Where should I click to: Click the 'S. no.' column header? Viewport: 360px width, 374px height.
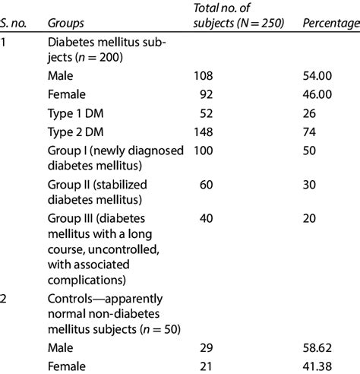16,24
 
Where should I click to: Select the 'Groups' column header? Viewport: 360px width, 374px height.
65,24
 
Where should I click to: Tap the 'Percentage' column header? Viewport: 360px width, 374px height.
330,24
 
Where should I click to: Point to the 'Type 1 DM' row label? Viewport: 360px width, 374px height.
74,114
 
